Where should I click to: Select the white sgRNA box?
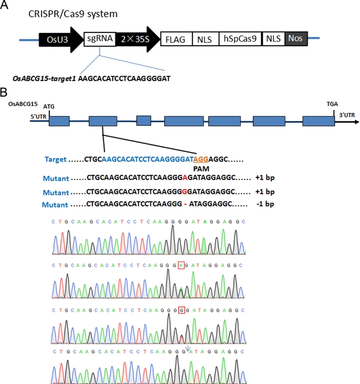(x=99, y=39)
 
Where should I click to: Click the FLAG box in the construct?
(x=176, y=39)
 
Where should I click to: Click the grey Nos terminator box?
(x=296, y=39)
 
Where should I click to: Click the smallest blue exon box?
(x=143, y=122)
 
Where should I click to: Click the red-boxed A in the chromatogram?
(x=181, y=265)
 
